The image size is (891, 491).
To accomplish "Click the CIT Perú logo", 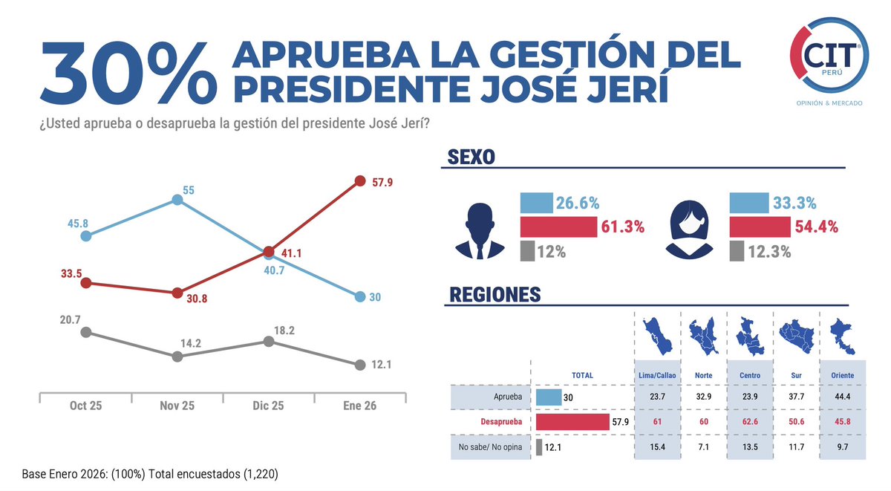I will click(x=829, y=63).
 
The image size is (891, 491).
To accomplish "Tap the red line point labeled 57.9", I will click(x=360, y=181).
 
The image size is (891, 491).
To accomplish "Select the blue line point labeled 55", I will click(x=177, y=200).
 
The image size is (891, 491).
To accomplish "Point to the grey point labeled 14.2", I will click(x=177, y=357).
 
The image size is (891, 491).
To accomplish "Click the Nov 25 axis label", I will click(x=177, y=407).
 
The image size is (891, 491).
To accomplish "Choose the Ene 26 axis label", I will click(x=360, y=407).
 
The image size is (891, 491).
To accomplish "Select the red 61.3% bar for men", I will click(x=558, y=227).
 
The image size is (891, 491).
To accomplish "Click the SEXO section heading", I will click(x=472, y=157).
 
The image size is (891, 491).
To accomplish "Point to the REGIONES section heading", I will click(x=495, y=295).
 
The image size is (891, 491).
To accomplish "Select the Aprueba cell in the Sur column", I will click(x=796, y=397).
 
